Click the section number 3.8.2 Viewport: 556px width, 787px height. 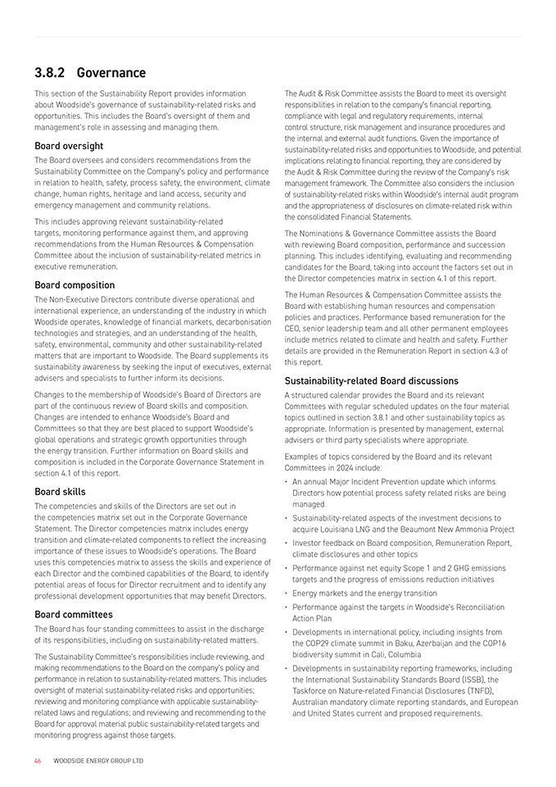[52, 73]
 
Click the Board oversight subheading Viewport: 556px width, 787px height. [69, 146]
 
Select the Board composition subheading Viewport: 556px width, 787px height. [75, 285]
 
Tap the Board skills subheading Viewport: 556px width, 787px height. [60, 492]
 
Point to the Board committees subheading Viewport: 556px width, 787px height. [74, 614]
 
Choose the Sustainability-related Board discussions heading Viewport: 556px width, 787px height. [371, 380]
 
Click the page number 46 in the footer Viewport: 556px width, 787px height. [38, 761]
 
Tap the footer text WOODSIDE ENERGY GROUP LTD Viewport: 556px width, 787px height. [98, 761]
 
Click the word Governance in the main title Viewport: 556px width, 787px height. [111, 73]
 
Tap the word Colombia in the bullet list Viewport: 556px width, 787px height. [405, 654]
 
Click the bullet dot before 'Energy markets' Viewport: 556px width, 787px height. [287, 593]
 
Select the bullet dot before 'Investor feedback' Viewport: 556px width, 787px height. [287, 543]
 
